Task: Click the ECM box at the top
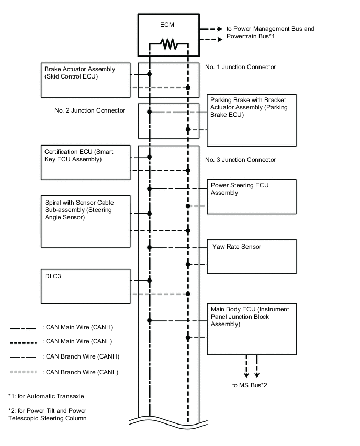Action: tap(169, 34)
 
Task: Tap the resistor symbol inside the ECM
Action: tap(169, 45)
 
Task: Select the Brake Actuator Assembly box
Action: tap(86, 80)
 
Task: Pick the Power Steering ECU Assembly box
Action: tap(251, 196)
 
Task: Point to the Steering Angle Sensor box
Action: tap(86, 221)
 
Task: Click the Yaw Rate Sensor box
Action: tap(251, 256)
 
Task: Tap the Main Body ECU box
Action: tap(251, 328)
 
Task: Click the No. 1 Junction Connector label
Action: tap(240, 67)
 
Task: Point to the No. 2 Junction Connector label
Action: tap(89, 110)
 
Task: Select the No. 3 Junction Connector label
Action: tap(240, 160)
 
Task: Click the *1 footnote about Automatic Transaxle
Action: tap(46, 396)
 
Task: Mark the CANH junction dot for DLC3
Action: tap(150, 281)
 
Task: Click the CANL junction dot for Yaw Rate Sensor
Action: tap(188, 265)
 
